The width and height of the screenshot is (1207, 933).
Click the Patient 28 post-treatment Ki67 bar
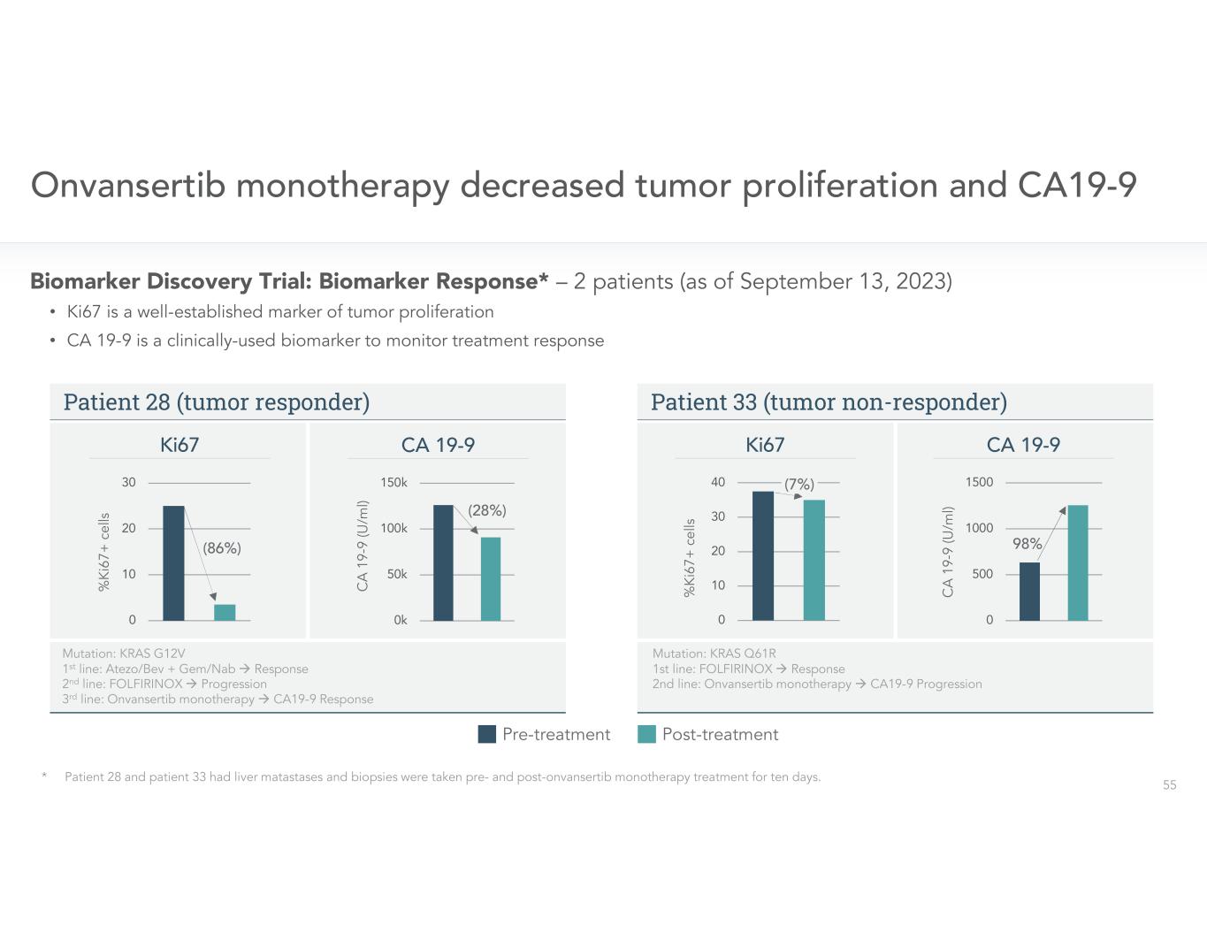pos(225,612)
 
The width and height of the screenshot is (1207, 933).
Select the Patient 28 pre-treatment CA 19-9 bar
pos(443,562)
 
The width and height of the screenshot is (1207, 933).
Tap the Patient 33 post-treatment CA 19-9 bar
pos(1077,562)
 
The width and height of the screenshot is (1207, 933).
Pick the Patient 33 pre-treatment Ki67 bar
pos(762,555)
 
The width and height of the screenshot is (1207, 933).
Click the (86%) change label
pos(222,548)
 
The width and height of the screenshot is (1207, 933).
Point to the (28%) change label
pos(487,510)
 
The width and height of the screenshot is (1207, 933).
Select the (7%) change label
pos(799,485)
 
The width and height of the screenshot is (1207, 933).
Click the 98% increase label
pos(1027,544)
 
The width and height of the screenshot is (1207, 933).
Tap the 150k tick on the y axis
pos(393,483)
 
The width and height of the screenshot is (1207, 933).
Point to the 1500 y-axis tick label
pos(979,483)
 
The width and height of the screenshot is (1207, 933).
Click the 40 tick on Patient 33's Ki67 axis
pos(717,483)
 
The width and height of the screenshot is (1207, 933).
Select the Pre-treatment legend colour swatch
pos(486,734)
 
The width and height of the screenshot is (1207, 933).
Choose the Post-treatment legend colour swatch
pos(646,734)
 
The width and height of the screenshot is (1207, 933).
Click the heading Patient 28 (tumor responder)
pos(217,402)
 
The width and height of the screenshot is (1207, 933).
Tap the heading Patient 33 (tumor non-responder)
pos(829,402)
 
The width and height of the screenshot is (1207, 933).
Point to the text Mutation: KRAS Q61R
pos(714,654)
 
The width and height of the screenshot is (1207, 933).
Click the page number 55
pos(1169,785)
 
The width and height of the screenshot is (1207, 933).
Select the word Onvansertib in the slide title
pos(128,186)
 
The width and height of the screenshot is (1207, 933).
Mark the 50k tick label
pos(397,575)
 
